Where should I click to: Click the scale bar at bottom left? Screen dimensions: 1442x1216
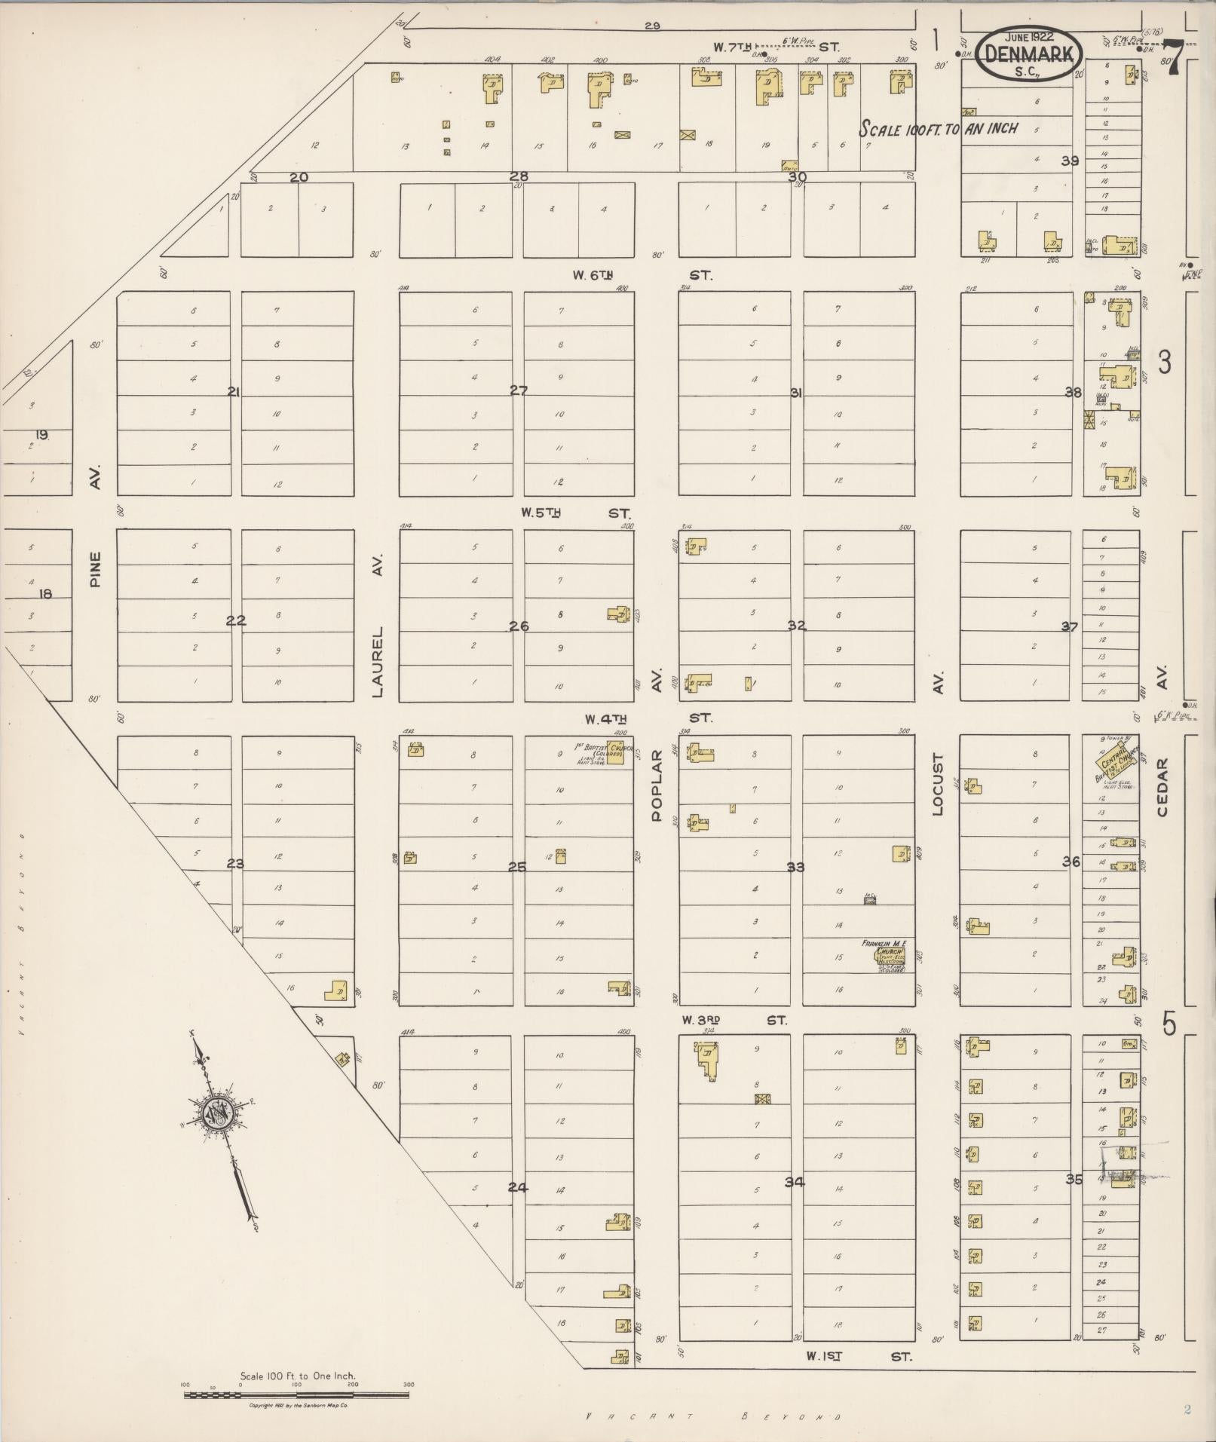[x=296, y=1395]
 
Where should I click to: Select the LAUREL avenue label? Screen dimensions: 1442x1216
[x=378, y=660]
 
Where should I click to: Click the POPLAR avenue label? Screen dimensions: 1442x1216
[x=656, y=785]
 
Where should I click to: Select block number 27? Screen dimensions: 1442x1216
[x=519, y=390]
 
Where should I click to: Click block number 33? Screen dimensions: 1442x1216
[x=795, y=867]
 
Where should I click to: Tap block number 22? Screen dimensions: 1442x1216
[x=236, y=620]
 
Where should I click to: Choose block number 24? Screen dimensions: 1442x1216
[x=517, y=1187]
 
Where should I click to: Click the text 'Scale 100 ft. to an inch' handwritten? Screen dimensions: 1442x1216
[x=939, y=129]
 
